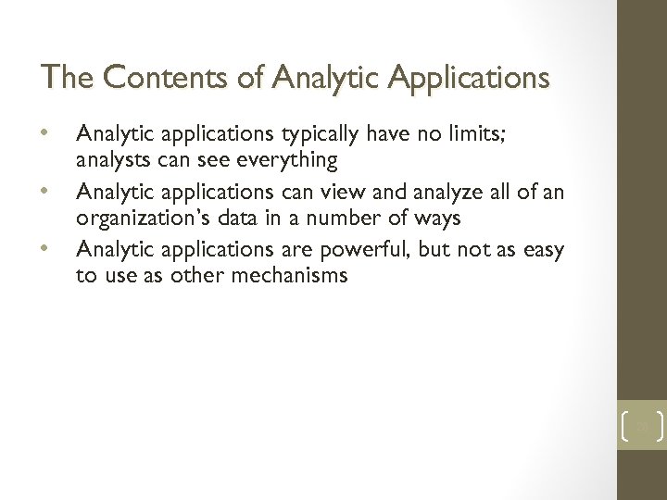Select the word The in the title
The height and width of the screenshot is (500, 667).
coord(66,77)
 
